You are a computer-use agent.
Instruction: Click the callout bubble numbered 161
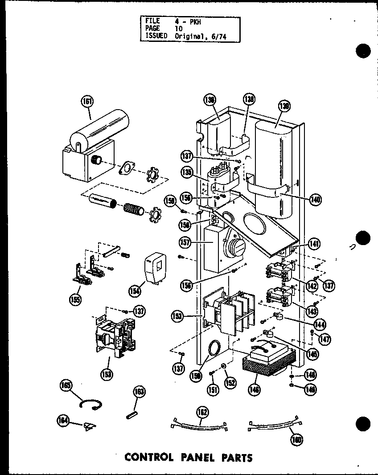tap(88, 102)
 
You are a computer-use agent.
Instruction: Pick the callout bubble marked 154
tap(134, 291)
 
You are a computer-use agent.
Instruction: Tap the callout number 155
tap(75, 300)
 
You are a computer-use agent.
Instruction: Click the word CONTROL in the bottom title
tap(148, 457)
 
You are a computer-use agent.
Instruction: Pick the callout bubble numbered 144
tap(319, 324)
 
